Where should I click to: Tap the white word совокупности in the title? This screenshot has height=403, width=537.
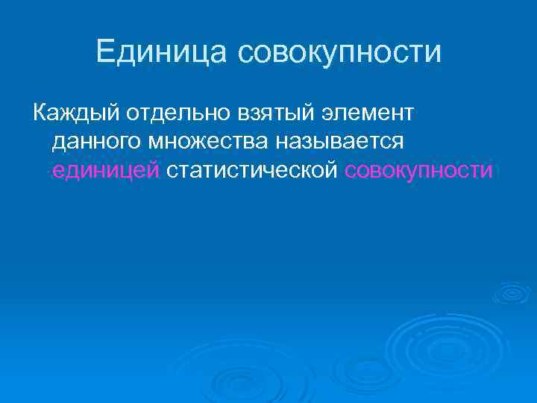click(340, 52)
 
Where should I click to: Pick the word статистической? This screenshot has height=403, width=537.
click(253, 170)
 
